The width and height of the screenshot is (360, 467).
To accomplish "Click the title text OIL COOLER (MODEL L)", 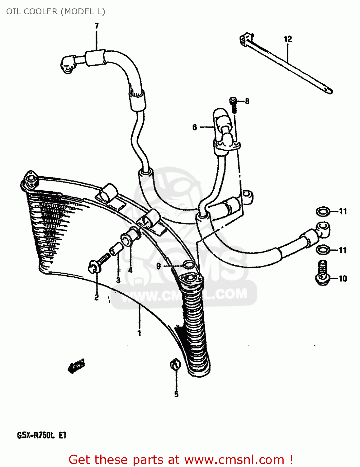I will click(56, 12).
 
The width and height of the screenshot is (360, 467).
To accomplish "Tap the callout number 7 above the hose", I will click(97, 26).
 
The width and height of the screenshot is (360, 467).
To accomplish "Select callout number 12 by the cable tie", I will click(288, 39).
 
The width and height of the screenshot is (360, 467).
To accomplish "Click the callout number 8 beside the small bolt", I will click(247, 101).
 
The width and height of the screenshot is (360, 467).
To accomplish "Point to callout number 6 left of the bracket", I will click(195, 127).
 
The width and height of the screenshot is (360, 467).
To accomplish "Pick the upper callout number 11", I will click(343, 212).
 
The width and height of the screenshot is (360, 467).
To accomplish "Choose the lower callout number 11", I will click(343, 250).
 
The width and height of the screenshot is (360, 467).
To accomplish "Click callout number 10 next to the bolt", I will click(343, 278).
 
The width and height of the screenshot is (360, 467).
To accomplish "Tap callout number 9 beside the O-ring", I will click(159, 266).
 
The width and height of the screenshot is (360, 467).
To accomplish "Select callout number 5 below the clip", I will click(176, 394).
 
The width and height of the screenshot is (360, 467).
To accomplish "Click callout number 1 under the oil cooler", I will click(139, 333).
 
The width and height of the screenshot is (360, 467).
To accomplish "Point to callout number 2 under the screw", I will click(97, 297).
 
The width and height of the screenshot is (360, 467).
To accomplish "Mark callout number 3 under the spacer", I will click(118, 280).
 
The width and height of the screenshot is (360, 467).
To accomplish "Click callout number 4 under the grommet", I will click(130, 270).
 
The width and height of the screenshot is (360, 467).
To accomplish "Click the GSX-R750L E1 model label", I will click(42, 435).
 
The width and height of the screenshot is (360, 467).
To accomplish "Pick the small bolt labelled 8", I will click(234, 104).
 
